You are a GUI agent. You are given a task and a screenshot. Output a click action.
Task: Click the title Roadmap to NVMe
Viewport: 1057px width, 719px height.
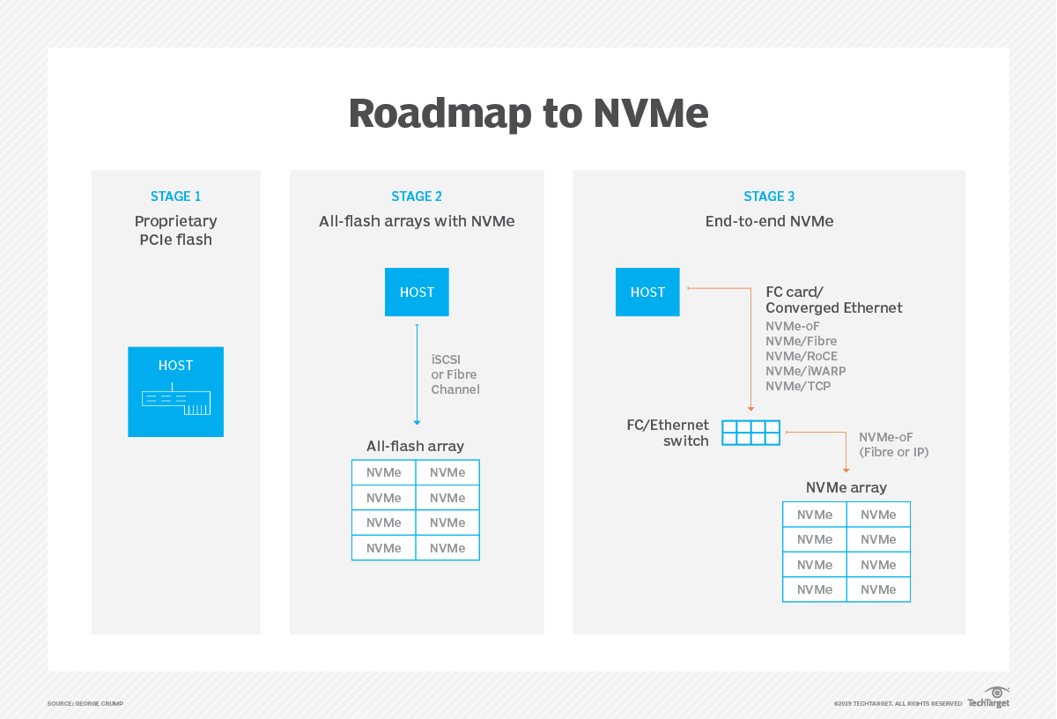click(528, 115)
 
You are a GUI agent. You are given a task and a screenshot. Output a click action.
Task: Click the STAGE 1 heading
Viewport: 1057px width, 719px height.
click(175, 196)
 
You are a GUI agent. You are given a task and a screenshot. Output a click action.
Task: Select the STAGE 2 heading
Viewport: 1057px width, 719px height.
click(417, 196)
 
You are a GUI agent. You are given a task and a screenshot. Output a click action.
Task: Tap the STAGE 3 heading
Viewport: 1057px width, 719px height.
click(769, 196)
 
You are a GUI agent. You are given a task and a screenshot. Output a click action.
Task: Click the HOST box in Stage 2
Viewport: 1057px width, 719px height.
click(417, 293)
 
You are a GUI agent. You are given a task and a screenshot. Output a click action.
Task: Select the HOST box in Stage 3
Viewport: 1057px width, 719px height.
click(647, 293)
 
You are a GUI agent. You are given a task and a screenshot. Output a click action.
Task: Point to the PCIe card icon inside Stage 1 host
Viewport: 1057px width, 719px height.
click(176, 403)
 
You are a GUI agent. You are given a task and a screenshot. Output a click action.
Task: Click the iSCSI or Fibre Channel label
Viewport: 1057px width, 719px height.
click(455, 374)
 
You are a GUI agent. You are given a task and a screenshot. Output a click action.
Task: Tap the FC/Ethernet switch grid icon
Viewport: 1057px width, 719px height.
click(750, 433)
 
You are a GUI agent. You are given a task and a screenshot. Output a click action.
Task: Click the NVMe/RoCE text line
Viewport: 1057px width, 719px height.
click(802, 356)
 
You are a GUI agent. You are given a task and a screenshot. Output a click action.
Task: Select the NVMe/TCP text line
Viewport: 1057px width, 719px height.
click(798, 386)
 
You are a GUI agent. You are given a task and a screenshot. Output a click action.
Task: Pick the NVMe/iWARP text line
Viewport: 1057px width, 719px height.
click(806, 371)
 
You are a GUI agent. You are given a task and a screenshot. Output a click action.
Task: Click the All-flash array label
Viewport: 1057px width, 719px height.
click(415, 446)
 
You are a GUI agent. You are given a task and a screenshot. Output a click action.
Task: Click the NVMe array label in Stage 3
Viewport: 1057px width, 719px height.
click(846, 487)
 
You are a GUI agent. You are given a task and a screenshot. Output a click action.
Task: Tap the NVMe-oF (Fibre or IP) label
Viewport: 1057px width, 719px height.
click(893, 445)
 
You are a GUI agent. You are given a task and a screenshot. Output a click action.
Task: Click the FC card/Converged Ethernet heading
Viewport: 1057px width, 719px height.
click(833, 300)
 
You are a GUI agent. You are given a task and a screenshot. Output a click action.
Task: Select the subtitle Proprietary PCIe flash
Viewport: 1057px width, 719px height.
click(175, 230)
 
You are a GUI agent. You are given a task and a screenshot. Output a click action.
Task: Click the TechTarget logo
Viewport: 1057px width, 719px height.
click(989, 697)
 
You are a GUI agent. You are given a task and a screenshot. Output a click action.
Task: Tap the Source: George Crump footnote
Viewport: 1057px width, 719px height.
click(85, 703)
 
